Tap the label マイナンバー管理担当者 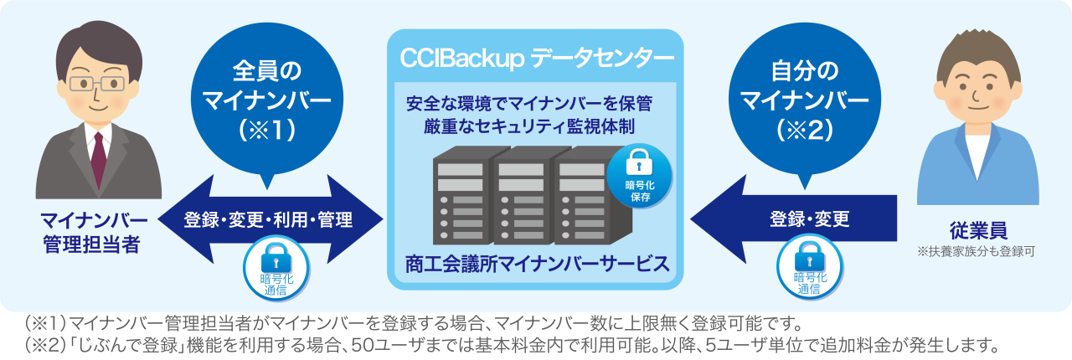click(94, 233)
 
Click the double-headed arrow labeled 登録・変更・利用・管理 click(268, 219)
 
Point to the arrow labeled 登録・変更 click(796, 220)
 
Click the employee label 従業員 click(977, 229)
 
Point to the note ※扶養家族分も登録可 click(977, 249)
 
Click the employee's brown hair click(977, 52)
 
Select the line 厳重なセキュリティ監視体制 click(528, 127)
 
